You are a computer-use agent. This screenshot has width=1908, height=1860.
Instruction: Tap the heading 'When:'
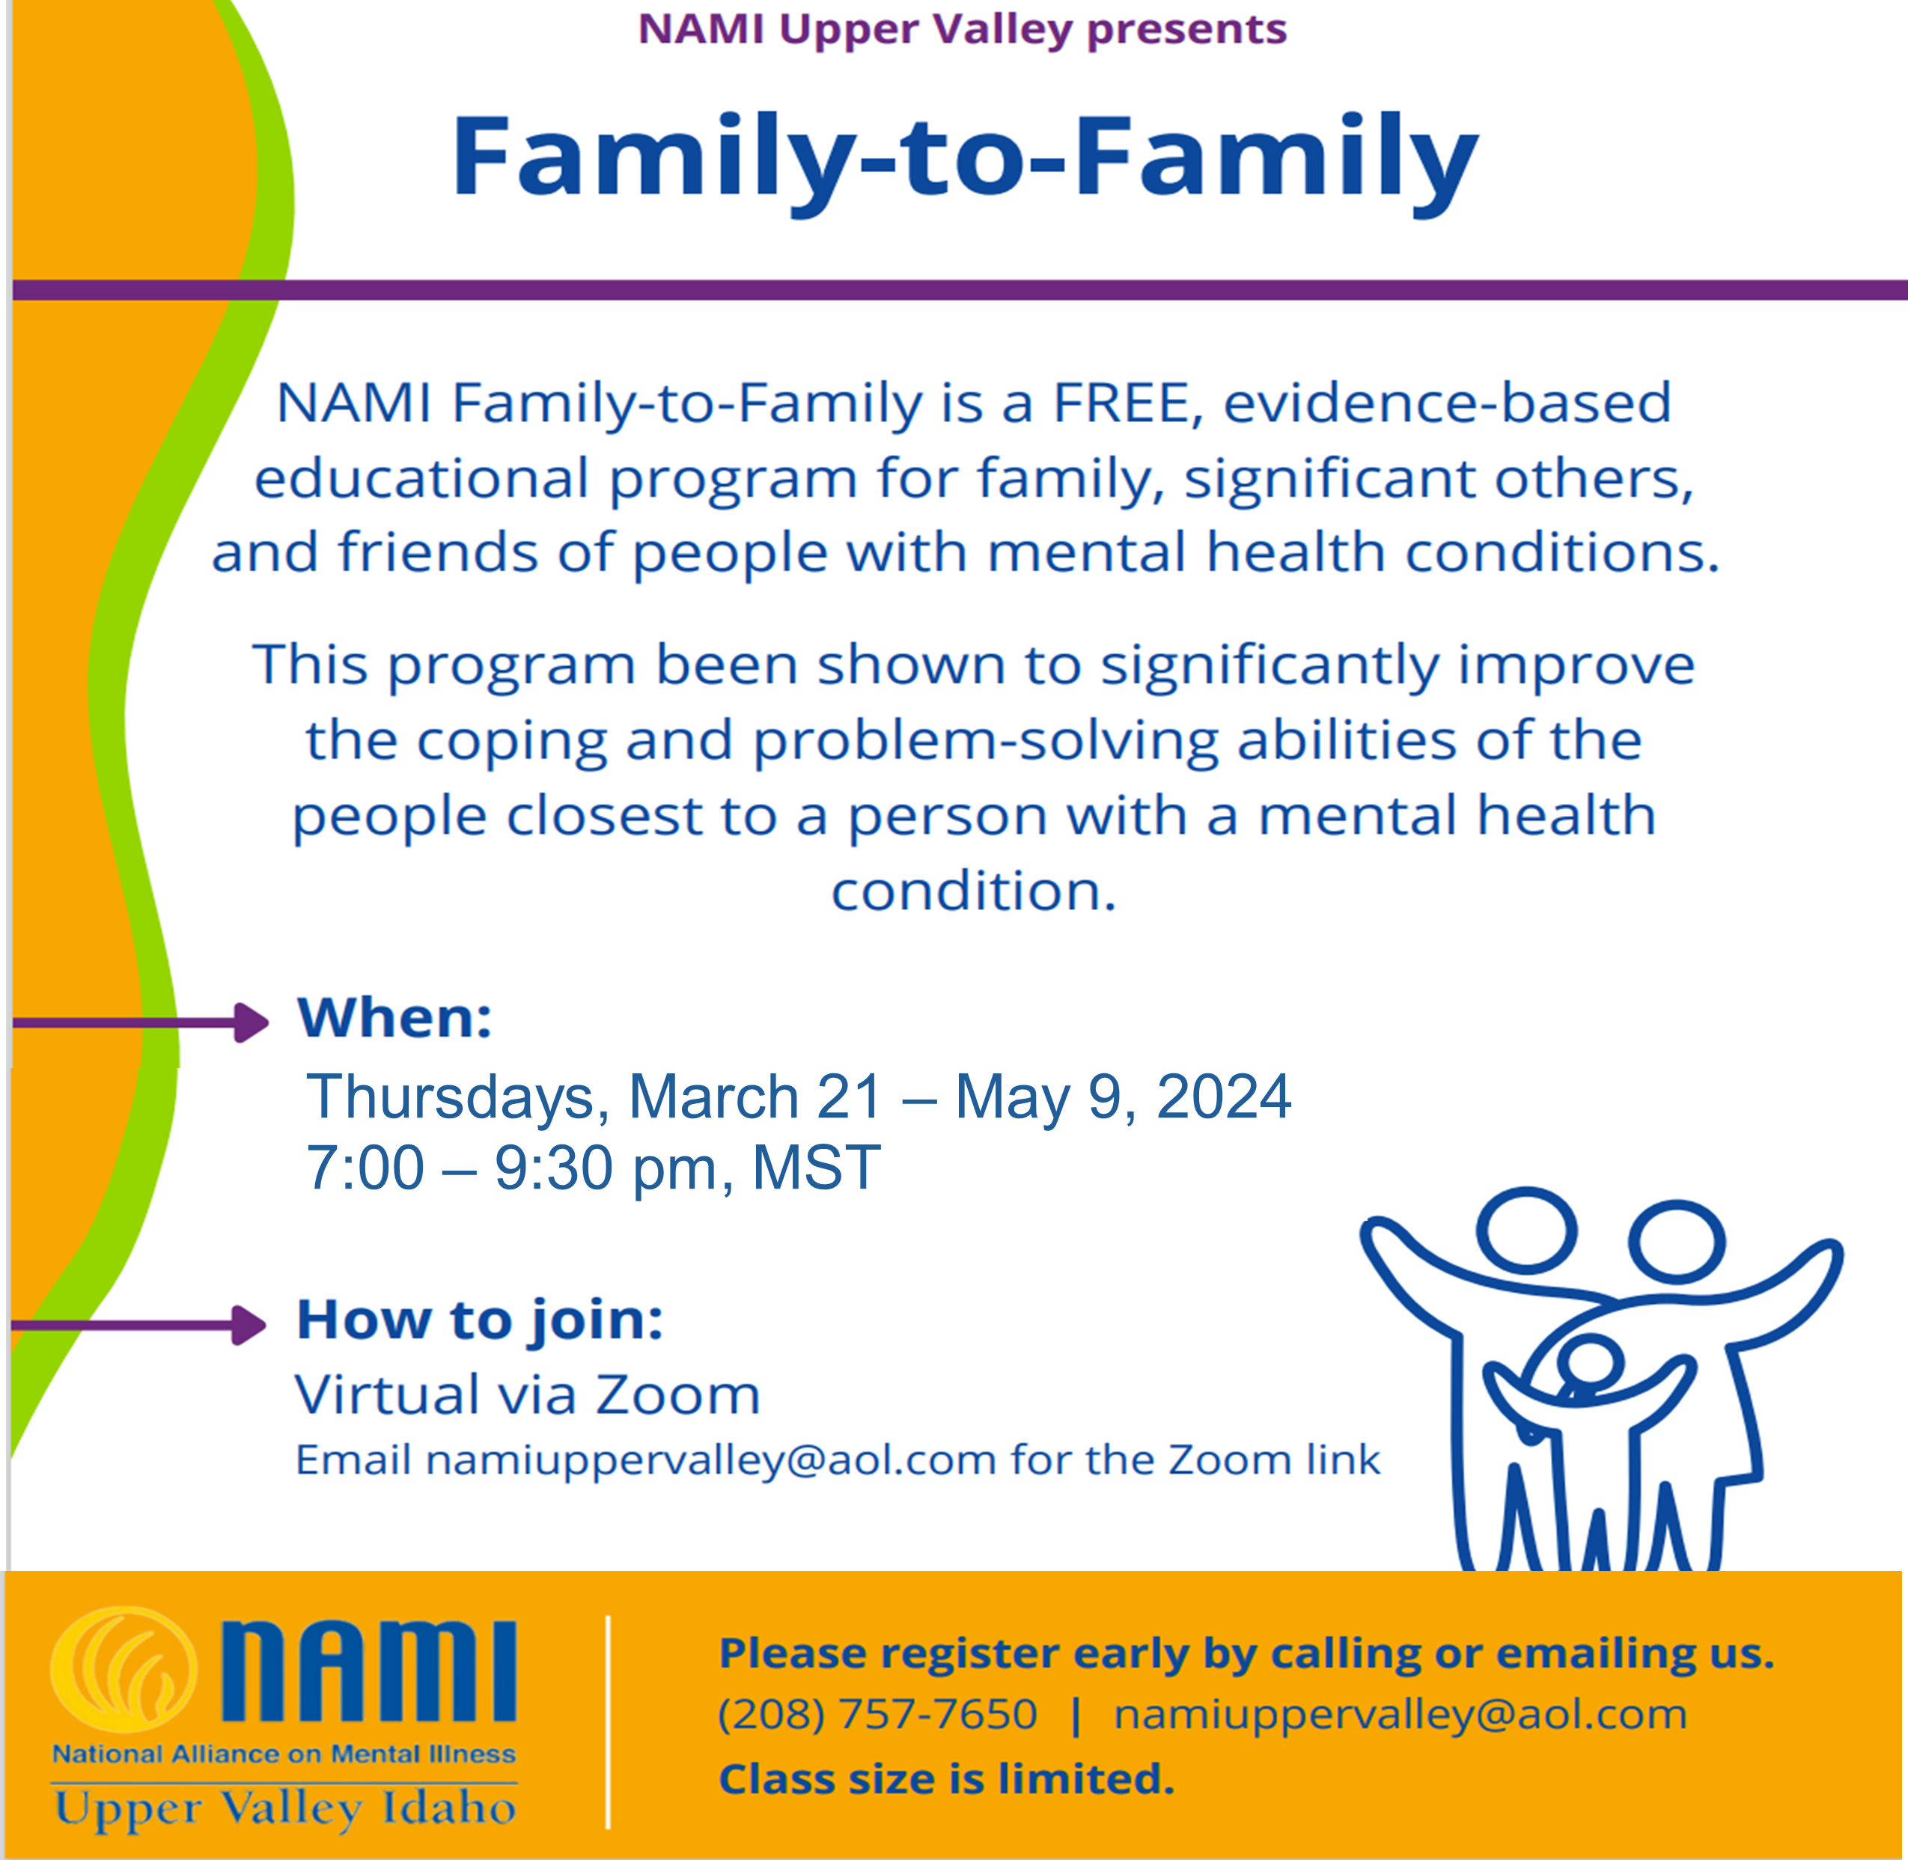394,1018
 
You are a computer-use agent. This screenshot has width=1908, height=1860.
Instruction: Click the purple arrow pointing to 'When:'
140,1022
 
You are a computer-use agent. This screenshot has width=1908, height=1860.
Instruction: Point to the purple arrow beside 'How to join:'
138,1326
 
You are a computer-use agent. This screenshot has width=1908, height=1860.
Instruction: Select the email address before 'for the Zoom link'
711,1460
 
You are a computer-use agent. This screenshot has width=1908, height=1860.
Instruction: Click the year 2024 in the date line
1224,1096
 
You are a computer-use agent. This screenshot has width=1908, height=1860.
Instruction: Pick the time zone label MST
817,1168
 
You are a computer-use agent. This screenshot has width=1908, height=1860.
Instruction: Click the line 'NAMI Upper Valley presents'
963,30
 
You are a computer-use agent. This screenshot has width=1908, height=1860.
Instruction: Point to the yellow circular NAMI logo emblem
124,1671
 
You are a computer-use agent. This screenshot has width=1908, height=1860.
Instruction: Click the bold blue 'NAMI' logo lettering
368,1671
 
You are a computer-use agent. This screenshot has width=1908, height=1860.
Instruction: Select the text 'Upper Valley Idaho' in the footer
285,1808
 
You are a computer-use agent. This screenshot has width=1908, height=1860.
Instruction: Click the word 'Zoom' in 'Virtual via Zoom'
678,1395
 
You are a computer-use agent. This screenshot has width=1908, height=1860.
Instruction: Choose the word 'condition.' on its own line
973,891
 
